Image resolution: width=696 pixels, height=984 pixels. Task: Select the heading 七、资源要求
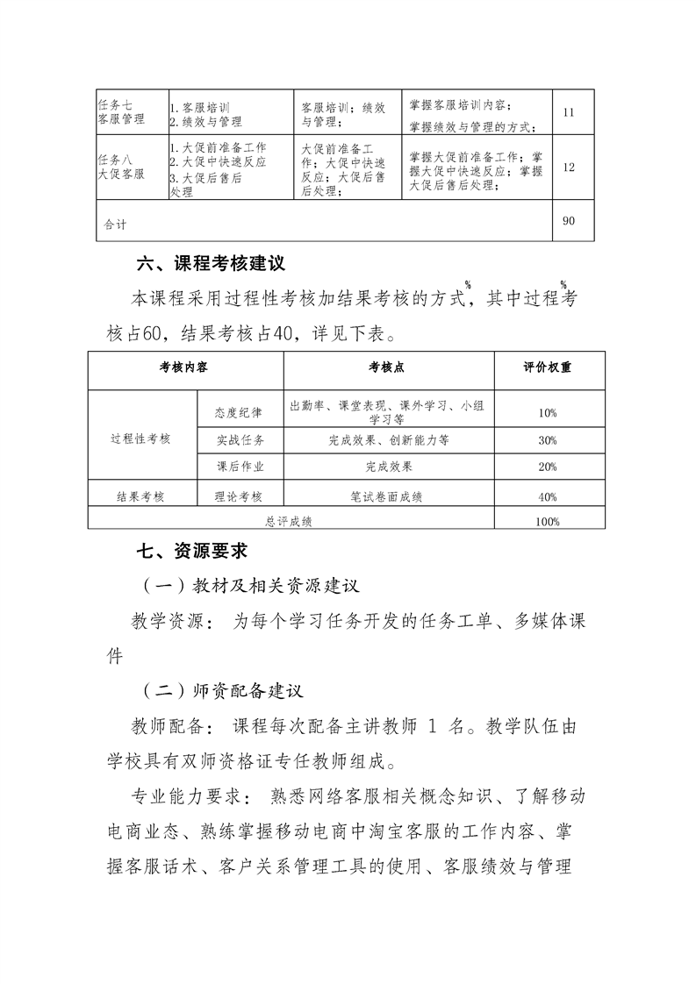192,551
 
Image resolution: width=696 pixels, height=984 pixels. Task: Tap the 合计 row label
115,225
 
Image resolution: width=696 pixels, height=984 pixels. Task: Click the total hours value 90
569,221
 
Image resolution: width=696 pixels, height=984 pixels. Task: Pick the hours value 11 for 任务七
568,113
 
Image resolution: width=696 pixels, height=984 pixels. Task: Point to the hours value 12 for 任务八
569,168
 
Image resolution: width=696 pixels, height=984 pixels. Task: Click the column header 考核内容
183,368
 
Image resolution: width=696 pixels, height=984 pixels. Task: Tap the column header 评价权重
547,368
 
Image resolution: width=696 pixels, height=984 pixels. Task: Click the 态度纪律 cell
239,411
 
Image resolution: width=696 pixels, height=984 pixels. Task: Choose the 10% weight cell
547,412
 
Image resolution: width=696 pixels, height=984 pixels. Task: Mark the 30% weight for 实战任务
547,440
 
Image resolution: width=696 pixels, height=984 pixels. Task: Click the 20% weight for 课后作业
547,467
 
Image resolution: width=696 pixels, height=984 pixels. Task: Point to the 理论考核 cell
239,496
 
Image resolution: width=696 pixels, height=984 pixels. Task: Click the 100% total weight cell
547,521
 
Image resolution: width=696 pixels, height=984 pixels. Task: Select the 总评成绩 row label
290,521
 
